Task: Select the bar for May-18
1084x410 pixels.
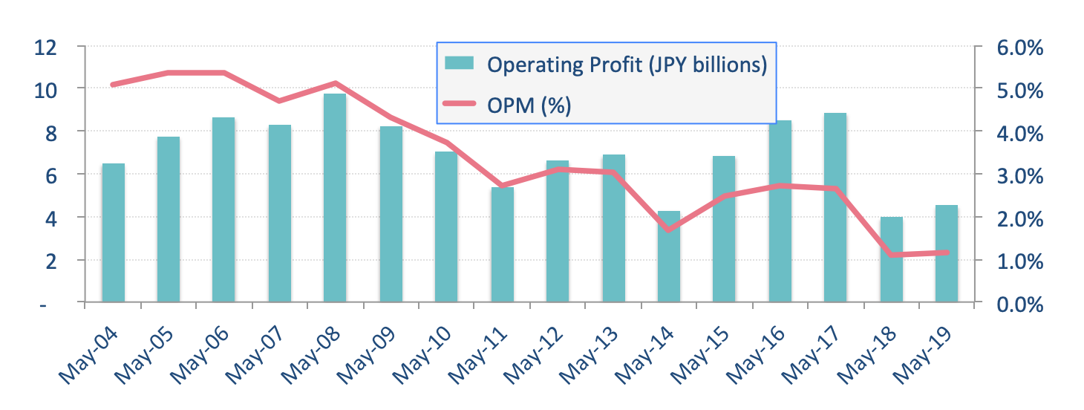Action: coord(891,259)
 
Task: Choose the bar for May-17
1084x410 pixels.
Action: coord(835,207)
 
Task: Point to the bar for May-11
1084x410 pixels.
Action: coord(502,244)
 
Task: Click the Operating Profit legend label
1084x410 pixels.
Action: coord(626,65)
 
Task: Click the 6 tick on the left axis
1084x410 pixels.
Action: coord(51,175)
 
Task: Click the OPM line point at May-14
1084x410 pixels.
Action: coord(669,230)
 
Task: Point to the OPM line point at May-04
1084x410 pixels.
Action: coord(113,85)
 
